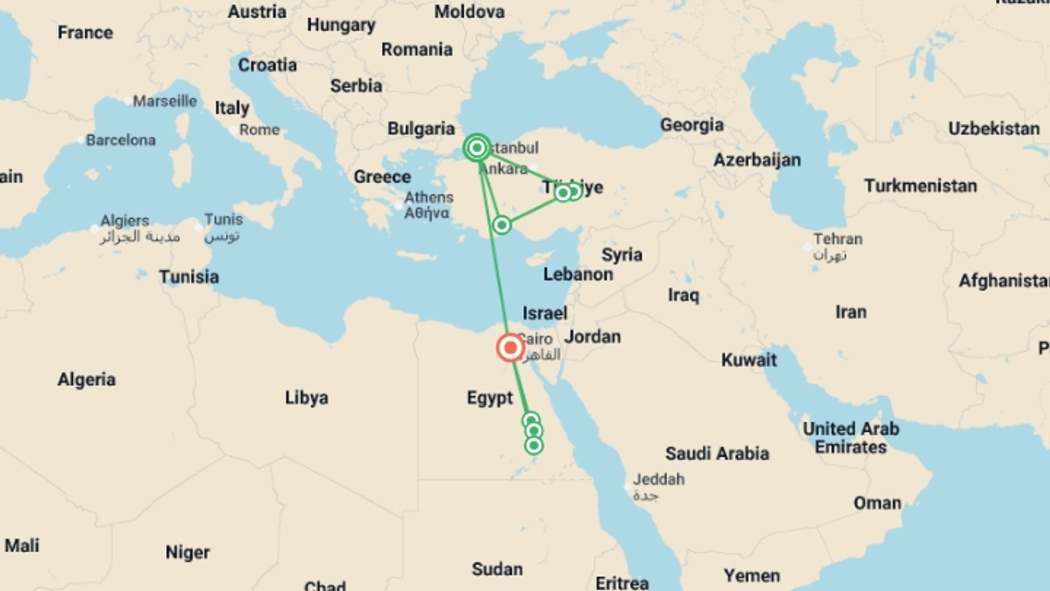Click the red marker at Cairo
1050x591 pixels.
[510, 347]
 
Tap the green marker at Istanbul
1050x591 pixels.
[477, 148]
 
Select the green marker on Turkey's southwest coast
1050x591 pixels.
[501, 225]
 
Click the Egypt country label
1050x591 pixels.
[489, 398]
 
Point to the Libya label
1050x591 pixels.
[306, 398]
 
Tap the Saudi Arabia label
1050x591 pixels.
[717, 454]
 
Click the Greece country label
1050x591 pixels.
[382, 177]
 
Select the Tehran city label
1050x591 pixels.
[837, 239]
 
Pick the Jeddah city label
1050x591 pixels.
[658, 480]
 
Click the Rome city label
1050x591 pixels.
[259, 130]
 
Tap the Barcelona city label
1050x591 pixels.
[120, 140]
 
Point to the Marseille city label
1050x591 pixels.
[165, 101]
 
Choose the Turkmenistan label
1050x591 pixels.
[920, 186]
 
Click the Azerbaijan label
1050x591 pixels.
[757, 160]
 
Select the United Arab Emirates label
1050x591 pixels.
[850, 438]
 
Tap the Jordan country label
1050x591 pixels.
[592, 337]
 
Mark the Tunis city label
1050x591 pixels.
[223, 219]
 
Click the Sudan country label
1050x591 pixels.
[497, 569]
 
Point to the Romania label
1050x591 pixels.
[417, 50]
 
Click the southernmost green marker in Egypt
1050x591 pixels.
[534, 445]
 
